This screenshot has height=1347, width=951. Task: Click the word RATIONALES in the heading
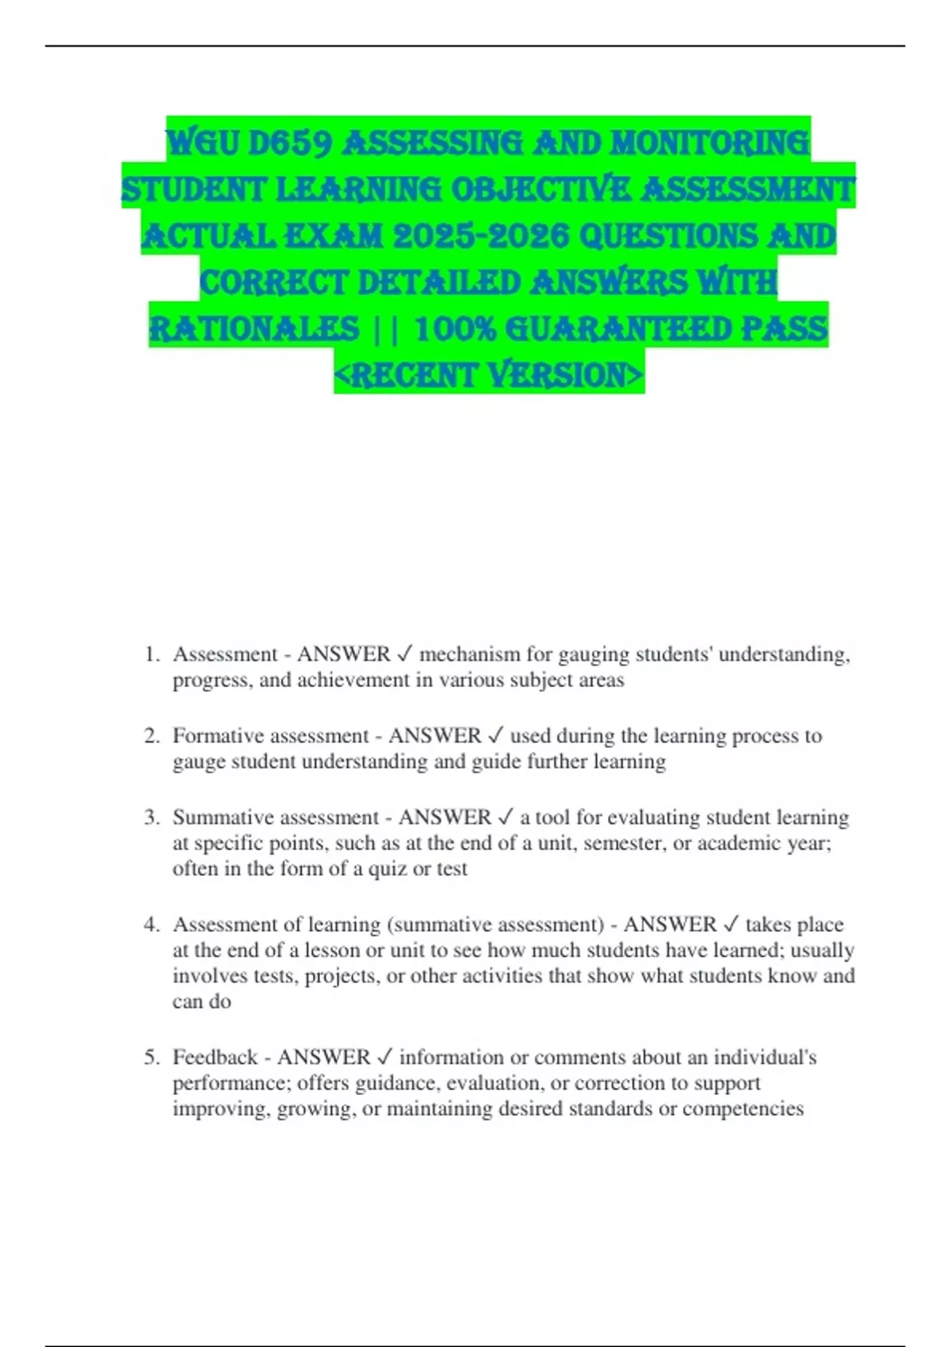pyautogui.click(x=254, y=329)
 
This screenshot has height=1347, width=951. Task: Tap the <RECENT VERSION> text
pyautogui.click(x=489, y=375)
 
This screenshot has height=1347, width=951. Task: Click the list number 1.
pyautogui.click(x=151, y=654)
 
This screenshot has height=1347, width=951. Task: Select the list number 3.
pyautogui.click(x=151, y=818)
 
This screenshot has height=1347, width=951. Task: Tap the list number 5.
pyautogui.click(x=151, y=1058)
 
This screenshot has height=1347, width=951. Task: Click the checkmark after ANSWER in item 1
pyautogui.click(x=404, y=654)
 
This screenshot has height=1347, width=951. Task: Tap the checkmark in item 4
pyautogui.click(x=731, y=925)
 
